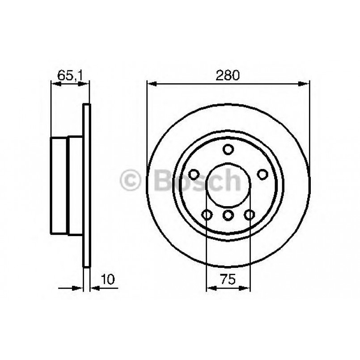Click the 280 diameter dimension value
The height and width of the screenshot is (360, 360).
(228, 75)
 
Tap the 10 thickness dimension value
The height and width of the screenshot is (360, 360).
(109, 280)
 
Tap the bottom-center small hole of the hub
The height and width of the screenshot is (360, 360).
(228, 216)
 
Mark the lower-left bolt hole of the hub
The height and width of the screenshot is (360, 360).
(207, 215)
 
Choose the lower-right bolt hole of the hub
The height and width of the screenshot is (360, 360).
(249, 215)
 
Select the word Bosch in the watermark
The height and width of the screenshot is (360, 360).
(197, 181)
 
